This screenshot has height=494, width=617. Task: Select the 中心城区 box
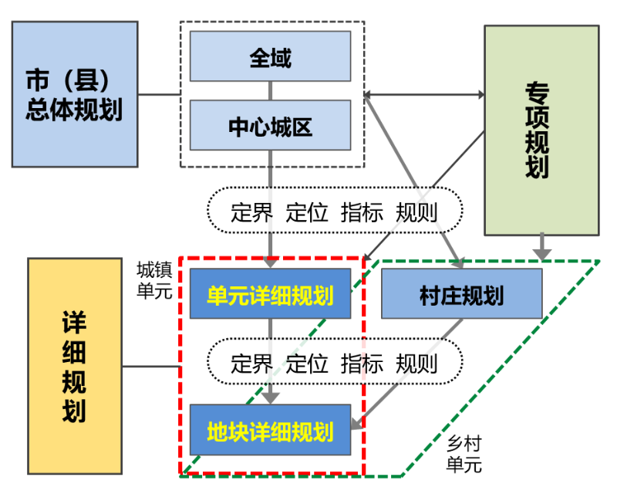(x=270, y=126)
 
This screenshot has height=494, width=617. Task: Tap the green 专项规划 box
(x=541, y=130)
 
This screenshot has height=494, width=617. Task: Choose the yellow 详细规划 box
(x=75, y=366)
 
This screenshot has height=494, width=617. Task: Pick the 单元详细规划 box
(x=270, y=294)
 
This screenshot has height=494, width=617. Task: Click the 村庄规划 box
(x=461, y=294)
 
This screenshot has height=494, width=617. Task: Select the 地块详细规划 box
(x=270, y=430)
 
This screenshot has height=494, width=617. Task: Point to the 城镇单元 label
(x=154, y=280)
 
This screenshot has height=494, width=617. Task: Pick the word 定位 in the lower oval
(x=307, y=361)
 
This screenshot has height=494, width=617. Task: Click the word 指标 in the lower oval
(x=362, y=361)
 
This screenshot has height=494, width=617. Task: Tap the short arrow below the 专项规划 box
(x=543, y=248)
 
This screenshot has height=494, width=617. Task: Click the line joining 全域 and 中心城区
(x=270, y=91)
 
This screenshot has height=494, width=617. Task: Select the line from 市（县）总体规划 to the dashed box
(x=157, y=95)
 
